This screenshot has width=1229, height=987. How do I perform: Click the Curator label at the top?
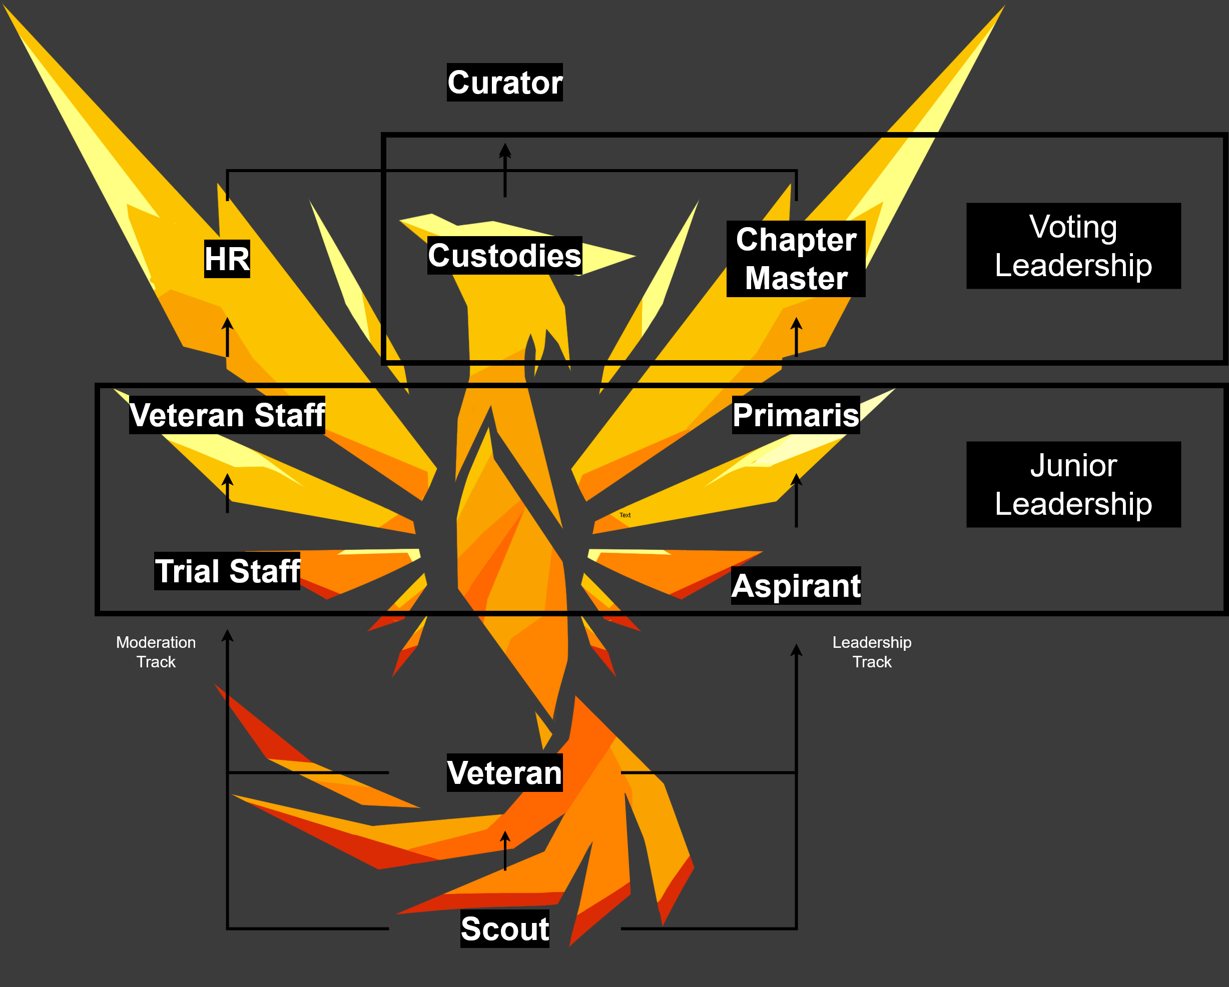pos(504,83)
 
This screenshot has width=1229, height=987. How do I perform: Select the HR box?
pos(227,259)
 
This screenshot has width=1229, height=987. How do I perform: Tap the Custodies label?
pos(504,255)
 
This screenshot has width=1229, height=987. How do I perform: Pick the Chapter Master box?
pos(796,259)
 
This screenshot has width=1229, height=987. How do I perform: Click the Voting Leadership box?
pos(1073,246)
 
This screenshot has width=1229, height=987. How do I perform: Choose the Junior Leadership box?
pos(1073,484)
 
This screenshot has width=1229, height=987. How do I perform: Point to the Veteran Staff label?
pos(227,415)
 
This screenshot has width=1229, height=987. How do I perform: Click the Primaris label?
pos(796,415)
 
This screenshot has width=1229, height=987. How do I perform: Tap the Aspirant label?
pos(796,585)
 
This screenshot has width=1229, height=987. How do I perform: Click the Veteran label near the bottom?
pos(504,773)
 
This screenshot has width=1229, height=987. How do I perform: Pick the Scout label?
pos(504,929)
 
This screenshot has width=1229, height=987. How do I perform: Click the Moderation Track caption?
pos(156,652)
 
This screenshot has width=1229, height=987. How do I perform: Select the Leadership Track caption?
pos(872,652)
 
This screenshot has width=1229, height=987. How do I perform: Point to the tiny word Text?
pos(625,515)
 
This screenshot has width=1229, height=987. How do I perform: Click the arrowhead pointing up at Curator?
pos(504,151)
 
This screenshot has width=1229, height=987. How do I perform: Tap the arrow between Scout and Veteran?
pos(504,850)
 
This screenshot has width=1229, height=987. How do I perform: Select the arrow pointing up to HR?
pos(227,337)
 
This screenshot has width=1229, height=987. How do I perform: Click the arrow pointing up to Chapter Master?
pos(796,337)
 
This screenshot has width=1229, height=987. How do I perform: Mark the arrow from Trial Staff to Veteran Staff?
pos(227,493)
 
